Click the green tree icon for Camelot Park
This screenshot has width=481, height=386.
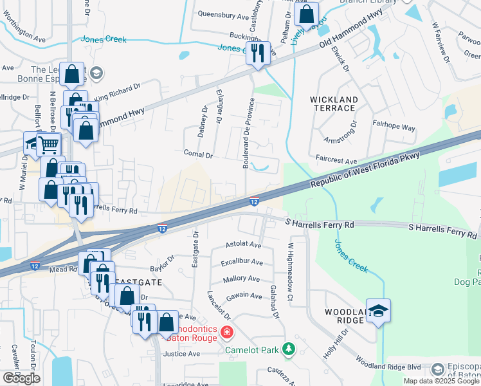(x=289, y=349)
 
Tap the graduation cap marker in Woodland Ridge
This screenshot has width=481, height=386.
(x=378, y=312)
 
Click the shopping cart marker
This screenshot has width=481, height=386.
(x=48, y=145)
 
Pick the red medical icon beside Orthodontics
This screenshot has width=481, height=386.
(x=226, y=333)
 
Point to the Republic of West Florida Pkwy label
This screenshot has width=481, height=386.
(x=365, y=170)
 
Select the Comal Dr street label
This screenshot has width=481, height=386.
(x=197, y=155)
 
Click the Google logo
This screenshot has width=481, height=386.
(x=21, y=378)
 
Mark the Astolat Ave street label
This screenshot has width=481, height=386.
(x=243, y=245)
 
